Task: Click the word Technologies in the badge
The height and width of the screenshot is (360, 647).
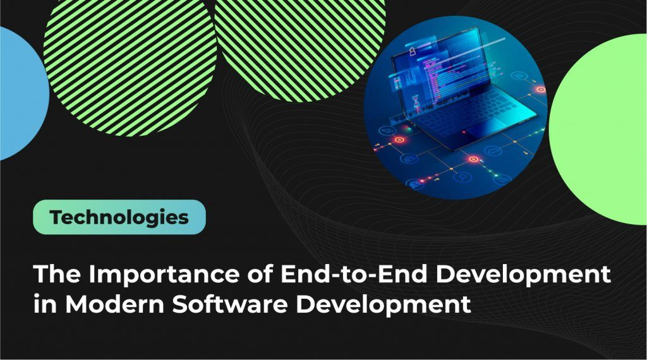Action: point(119,217)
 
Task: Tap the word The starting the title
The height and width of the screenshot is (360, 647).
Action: point(56,277)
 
